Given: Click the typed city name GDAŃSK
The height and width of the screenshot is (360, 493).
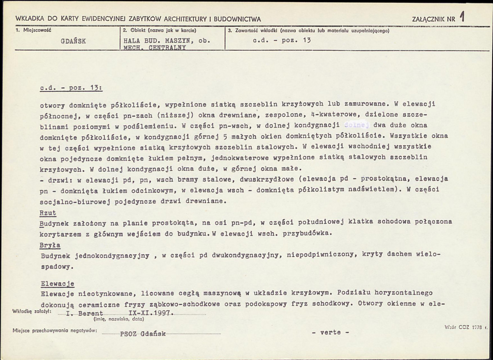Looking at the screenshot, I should click(x=73, y=41).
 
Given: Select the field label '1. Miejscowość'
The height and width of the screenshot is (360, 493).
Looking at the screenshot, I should click(x=33, y=30).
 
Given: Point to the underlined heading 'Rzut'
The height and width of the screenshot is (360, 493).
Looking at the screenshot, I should click(x=49, y=213).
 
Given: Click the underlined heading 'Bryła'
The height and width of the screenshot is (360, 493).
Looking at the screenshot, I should click(x=51, y=245).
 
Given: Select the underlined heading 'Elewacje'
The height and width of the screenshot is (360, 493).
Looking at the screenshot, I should click(x=58, y=283).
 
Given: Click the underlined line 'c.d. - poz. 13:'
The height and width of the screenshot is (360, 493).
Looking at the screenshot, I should click(x=72, y=88).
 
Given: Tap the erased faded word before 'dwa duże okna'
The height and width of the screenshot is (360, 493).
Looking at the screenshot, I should click(x=357, y=125).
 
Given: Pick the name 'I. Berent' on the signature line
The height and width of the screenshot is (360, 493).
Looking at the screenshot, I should click(x=85, y=313).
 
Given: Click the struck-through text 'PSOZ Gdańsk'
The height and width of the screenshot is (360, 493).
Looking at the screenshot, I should click(x=144, y=334).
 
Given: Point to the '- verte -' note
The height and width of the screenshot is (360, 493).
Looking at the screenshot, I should click(x=331, y=332).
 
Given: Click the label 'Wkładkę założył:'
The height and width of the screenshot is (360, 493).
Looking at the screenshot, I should click(x=32, y=312).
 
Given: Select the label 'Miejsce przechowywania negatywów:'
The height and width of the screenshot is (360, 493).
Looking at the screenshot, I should click(x=55, y=331).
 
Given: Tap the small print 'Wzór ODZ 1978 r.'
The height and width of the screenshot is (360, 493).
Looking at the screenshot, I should click(x=466, y=327).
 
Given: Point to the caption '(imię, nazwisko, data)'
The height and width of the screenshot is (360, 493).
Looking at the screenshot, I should click(x=118, y=319).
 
